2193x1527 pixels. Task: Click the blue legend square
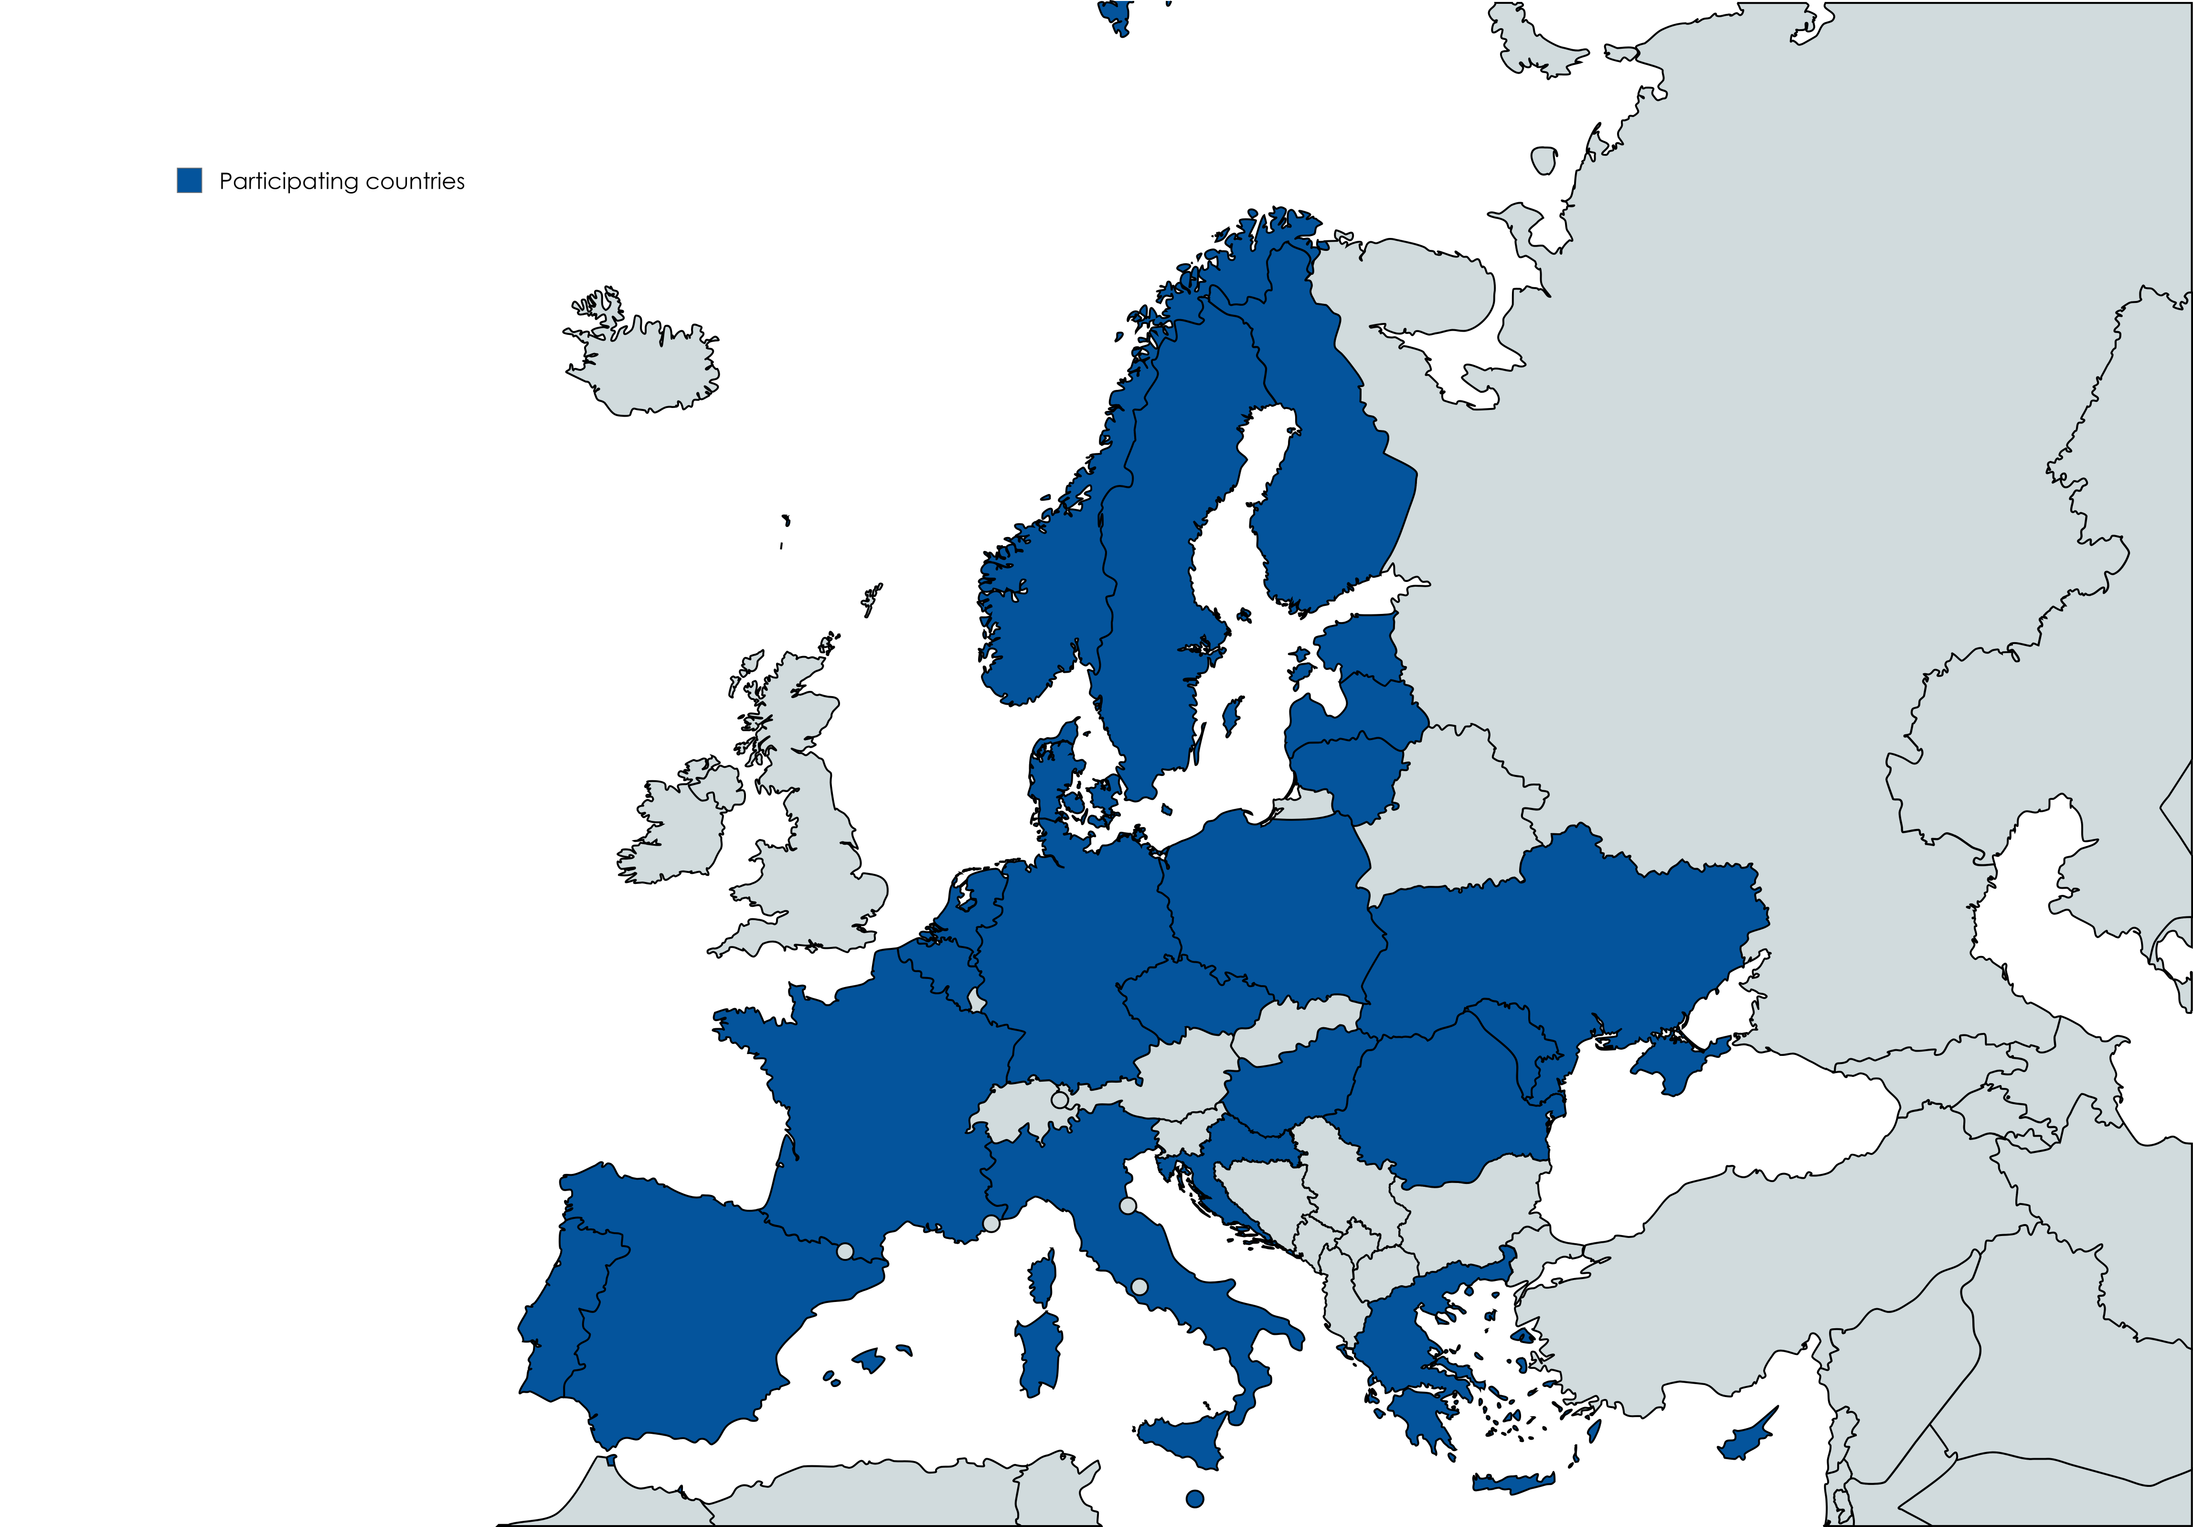click(x=189, y=181)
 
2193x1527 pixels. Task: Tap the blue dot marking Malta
click(x=1194, y=1498)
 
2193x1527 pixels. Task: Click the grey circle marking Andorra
click(x=844, y=1251)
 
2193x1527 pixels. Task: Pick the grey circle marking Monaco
click(x=991, y=1223)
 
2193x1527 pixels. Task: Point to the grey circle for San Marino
click(x=1128, y=1206)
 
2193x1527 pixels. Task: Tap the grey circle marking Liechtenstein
click(x=1059, y=1100)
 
